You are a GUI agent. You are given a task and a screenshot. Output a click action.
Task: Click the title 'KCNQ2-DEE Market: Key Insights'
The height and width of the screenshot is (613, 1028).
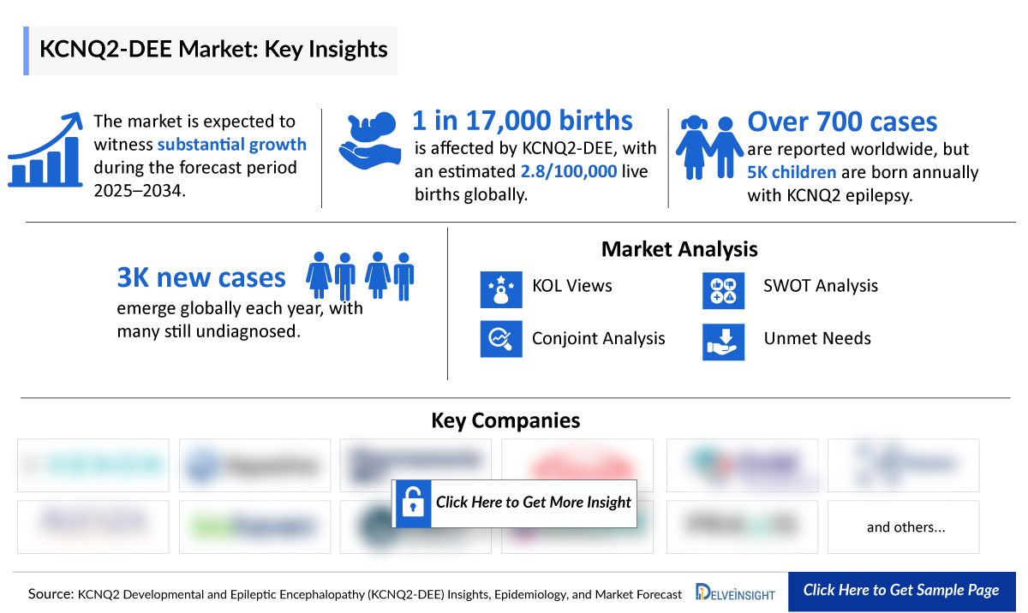[213, 50]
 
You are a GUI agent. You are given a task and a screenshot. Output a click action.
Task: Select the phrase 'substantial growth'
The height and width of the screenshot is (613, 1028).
[231, 144]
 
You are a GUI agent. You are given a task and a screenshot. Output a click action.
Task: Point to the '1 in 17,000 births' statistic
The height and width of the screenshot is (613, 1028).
[523, 121]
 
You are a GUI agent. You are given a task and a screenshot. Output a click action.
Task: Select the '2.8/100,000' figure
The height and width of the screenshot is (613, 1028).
[569, 171]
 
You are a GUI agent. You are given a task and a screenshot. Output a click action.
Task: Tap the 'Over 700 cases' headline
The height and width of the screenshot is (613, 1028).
[842, 122]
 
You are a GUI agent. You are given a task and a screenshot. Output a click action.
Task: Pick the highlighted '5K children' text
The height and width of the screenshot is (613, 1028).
[792, 172]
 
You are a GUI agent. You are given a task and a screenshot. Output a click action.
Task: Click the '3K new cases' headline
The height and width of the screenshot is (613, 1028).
[201, 277]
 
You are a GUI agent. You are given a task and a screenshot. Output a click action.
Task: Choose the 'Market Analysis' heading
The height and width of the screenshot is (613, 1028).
[679, 249]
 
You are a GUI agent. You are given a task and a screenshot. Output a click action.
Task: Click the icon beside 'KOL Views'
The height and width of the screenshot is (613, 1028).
[501, 289]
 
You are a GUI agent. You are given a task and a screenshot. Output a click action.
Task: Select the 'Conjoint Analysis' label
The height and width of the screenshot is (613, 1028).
[598, 338]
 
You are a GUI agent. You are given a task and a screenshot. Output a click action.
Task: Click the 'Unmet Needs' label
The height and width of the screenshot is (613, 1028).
[817, 338]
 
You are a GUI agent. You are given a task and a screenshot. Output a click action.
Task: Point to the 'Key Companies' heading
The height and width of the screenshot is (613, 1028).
[505, 420]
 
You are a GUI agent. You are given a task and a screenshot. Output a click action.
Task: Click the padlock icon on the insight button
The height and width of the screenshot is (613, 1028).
[412, 503]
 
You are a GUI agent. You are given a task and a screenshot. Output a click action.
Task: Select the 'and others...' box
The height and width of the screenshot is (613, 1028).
[905, 527]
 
